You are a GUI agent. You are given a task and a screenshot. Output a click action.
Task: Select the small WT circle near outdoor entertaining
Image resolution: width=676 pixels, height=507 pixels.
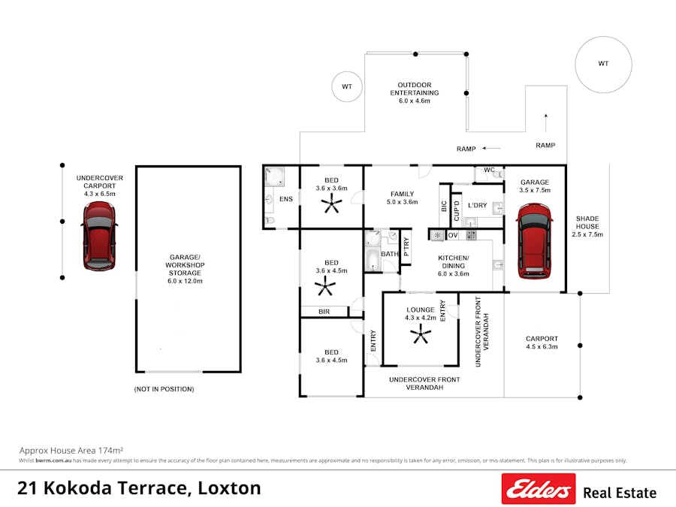[x=347, y=87]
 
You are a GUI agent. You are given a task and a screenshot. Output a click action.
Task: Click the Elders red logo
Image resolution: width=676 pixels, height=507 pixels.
[x=539, y=489]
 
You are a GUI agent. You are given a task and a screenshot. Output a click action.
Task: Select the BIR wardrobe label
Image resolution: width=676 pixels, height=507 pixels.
[x=324, y=310]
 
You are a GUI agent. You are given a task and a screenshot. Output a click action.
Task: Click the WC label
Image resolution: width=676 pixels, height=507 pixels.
[x=489, y=171]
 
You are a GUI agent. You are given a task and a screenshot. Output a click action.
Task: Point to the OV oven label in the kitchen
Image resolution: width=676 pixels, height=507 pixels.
[x=453, y=235]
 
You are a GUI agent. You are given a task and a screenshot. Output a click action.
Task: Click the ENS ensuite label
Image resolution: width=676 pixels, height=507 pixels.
[x=286, y=199]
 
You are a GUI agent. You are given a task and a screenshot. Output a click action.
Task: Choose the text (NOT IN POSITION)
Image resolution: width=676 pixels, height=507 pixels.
[x=164, y=389]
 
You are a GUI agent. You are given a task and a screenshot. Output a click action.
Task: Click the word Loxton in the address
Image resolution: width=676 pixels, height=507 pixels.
[x=229, y=488]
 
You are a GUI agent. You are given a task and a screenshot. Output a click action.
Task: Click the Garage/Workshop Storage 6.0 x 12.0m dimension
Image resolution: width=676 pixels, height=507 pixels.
[x=185, y=281]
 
